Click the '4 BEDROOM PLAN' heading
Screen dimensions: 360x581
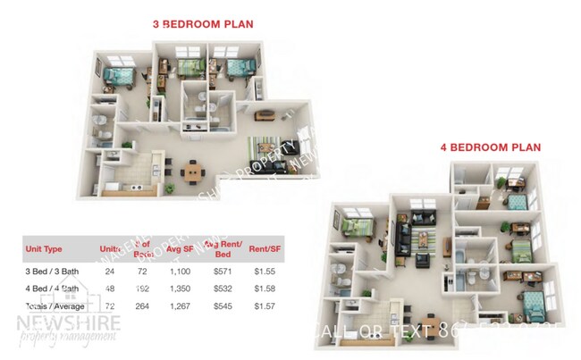(x=490, y=147)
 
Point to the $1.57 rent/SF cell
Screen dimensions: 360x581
(x=265, y=306)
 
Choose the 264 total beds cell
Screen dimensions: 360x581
(x=140, y=306)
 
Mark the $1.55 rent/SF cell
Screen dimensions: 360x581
(x=265, y=271)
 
